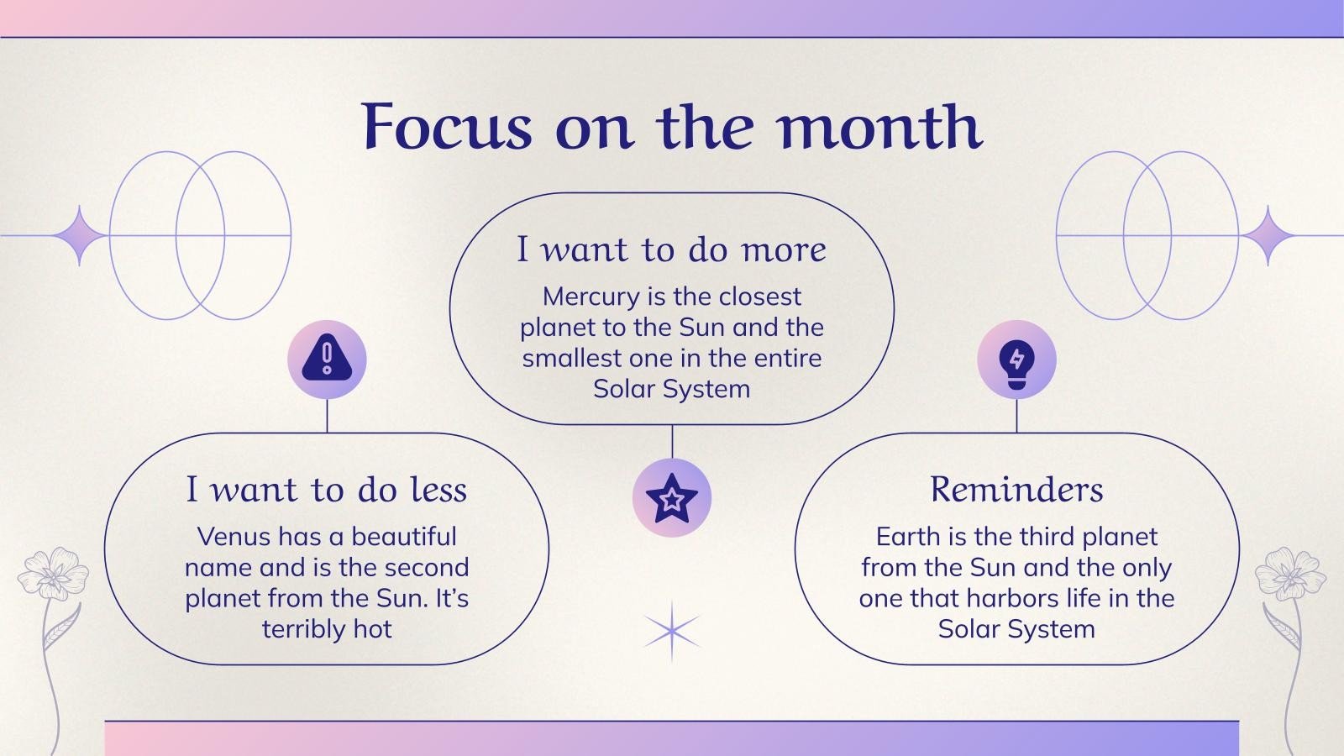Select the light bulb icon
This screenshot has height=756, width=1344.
click(x=1016, y=360)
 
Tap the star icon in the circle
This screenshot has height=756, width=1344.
click(x=671, y=498)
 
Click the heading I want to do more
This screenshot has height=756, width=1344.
click(x=671, y=249)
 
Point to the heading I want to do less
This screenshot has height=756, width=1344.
click(x=326, y=490)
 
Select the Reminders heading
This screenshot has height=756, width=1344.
click(x=1016, y=490)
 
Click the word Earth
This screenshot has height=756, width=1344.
click(x=906, y=537)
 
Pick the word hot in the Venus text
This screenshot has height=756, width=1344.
click(x=372, y=629)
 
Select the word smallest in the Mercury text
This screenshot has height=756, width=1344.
click(x=571, y=358)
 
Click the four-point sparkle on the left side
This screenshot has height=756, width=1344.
click(x=80, y=236)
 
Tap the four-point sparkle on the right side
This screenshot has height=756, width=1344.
click(x=1268, y=236)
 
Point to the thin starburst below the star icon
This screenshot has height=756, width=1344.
click(x=671, y=631)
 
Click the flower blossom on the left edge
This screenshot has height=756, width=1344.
click(x=52, y=573)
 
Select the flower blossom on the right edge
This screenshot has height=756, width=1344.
click(x=1290, y=573)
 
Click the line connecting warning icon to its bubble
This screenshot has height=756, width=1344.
click(x=327, y=416)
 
